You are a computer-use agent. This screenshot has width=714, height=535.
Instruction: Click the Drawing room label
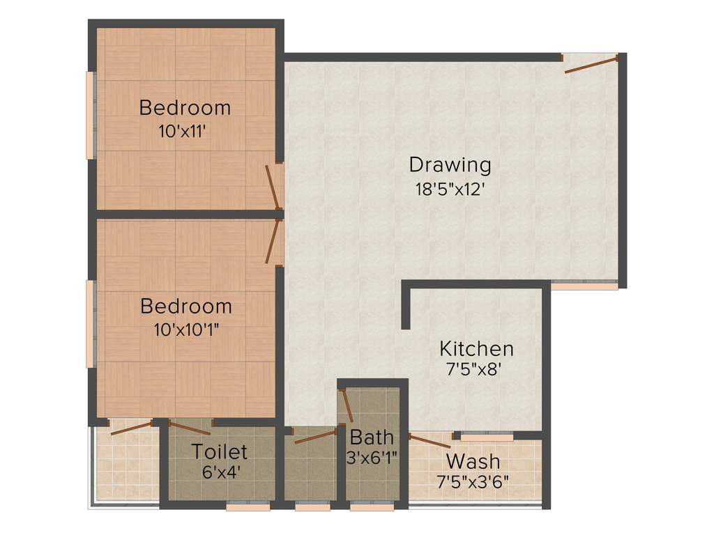tap(450, 166)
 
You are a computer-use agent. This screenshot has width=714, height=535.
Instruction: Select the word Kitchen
tap(476, 348)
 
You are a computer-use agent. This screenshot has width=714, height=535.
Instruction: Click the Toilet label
tap(220, 451)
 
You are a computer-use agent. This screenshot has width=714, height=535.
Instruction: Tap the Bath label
tap(372, 437)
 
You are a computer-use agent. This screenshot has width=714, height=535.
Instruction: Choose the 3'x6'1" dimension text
tap(372, 458)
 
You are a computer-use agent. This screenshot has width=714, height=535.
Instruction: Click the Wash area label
tap(473, 461)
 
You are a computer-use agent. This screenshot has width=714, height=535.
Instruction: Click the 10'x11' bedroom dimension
tap(184, 130)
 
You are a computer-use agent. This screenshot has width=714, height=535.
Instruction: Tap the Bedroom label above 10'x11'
tap(185, 108)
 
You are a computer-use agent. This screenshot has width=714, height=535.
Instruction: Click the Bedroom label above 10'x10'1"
tap(185, 306)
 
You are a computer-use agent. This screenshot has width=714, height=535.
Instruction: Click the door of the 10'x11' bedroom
tap(273, 187)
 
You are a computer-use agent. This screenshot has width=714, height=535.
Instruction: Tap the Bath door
tap(347, 406)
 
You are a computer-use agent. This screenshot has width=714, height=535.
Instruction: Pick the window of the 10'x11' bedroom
tap(90, 115)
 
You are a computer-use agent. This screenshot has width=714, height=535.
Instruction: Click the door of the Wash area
tap(430, 440)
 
